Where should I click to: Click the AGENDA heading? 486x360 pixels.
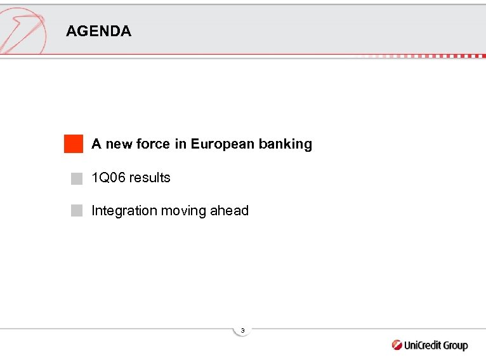98,31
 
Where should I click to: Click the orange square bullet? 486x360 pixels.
74,144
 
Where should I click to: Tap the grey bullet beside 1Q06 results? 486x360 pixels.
77,178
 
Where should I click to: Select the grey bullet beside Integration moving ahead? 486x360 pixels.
77,211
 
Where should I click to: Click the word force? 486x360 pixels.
153,144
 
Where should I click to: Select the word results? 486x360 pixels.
150,178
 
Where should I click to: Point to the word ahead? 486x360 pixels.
231,211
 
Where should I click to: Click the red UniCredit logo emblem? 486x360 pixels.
397,345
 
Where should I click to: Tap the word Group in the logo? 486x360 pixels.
453,346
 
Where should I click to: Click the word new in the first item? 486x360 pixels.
119,144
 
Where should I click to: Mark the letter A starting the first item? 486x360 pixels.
96,144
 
